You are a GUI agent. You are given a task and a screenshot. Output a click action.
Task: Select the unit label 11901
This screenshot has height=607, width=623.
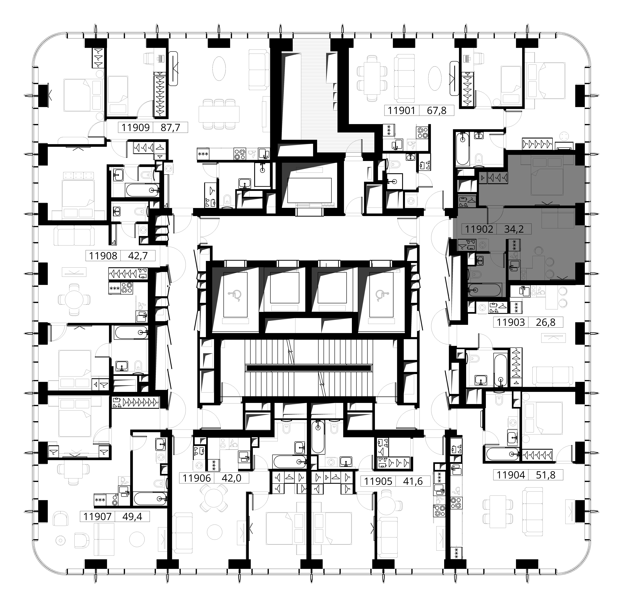402,111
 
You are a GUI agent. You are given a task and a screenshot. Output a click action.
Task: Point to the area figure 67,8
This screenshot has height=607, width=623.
437,111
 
